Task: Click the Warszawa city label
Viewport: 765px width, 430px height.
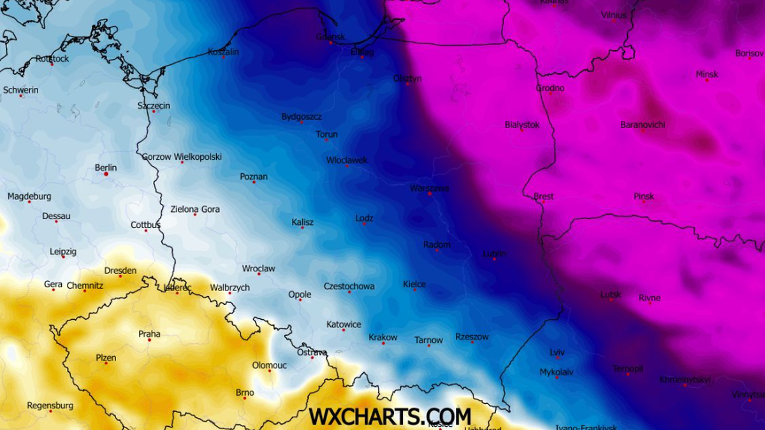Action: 429,188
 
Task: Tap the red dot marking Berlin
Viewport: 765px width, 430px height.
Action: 106,174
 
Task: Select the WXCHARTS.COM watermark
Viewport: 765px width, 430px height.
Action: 390,417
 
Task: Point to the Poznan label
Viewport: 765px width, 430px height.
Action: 254,176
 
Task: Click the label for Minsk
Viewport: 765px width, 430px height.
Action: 706,74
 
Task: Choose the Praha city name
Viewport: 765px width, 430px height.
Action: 149,334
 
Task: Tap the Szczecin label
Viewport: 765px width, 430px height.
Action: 154,105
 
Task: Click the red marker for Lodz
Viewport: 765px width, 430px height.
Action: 364,224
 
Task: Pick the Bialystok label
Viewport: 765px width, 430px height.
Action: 521,125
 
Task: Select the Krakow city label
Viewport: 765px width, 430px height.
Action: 382,337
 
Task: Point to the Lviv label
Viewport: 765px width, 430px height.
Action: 557,352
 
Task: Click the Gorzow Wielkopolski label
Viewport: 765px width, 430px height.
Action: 182,156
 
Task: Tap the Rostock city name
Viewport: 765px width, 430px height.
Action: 52,59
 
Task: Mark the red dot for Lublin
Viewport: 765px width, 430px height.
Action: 494,259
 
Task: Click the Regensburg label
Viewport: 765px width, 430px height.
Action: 50,405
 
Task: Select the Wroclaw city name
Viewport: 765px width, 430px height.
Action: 258,269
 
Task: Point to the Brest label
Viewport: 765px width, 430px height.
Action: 543,196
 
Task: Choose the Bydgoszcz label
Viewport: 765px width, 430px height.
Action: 302,117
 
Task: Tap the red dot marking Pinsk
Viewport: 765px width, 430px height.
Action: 644,202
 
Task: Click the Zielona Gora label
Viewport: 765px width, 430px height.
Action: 194,209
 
